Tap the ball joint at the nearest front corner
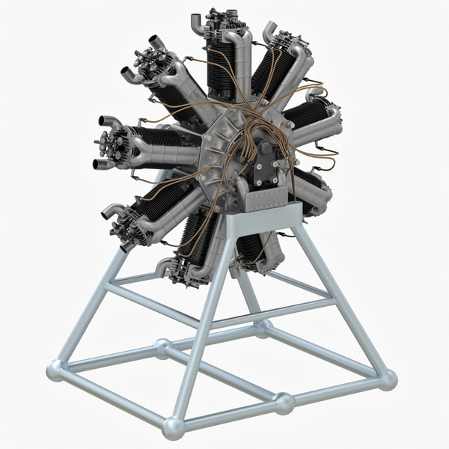coord(174,427)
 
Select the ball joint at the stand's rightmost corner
coord(388,379)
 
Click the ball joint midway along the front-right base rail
coord(284,403)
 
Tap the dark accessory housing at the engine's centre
coord(265,165)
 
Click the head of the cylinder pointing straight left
coord(112,141)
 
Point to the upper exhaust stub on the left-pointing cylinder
coord(109,121)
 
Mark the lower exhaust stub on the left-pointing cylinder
coord(100,164)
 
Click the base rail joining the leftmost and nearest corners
coord(112,397)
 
